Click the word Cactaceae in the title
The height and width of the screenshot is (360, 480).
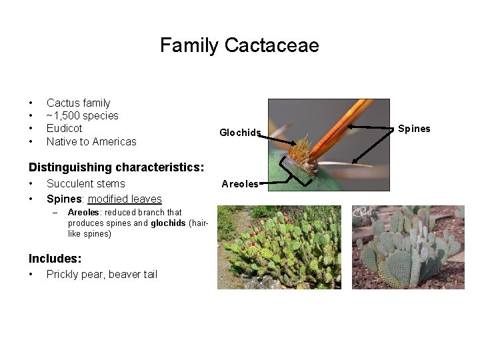click(272, 45)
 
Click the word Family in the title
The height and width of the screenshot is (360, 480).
click(189, 45)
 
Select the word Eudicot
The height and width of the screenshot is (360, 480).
click(64, 128)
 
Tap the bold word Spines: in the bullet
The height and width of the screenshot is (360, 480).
click(65, 199)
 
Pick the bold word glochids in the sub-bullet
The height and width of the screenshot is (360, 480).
click(169, 223)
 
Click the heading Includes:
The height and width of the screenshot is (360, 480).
click(55, 258)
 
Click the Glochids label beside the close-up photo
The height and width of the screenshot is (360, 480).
click(239, 133)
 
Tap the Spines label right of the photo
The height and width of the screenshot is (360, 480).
click(414, 129)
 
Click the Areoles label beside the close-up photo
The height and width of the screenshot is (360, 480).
click(239, 184)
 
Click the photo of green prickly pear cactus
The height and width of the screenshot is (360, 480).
click(279, 247)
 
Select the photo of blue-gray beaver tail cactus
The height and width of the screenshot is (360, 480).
click(408, 247)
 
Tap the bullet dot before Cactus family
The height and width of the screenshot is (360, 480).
click(31, 103)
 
